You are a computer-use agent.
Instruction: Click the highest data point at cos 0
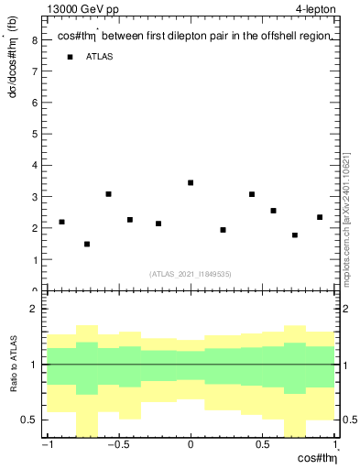[191, 183]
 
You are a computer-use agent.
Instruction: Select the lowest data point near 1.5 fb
[87, 245]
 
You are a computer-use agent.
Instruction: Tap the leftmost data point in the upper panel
[61, 222]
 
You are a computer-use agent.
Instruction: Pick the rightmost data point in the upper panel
[320, 217]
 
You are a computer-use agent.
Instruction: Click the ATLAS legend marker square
[71, 57]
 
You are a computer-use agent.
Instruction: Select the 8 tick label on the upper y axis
[35, 40]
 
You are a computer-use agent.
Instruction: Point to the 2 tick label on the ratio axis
[35, 309]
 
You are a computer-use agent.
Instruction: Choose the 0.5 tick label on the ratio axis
[30, 420]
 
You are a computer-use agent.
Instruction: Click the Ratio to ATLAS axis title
[13, 365]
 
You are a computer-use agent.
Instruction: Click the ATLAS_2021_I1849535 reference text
[191, 273]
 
